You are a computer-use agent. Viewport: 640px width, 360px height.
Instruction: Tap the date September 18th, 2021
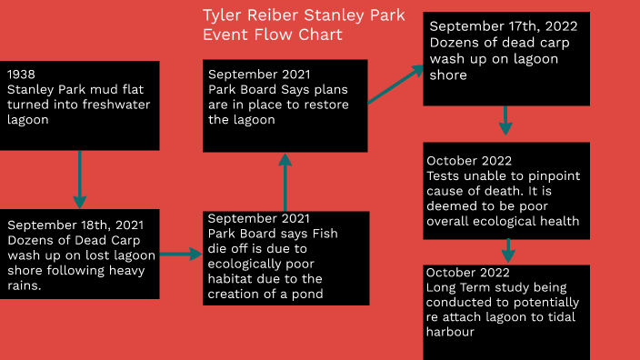[74, 225]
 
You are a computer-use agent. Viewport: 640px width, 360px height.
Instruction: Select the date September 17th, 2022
[502, 27]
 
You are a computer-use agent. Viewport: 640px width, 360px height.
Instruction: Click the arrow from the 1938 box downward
[80, 179]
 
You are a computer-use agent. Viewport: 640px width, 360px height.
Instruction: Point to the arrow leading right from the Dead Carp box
[181, 255]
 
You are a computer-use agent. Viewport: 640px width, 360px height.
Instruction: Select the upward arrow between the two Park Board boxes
[285, 181]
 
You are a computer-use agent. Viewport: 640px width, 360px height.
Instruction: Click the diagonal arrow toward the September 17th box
[395, 85]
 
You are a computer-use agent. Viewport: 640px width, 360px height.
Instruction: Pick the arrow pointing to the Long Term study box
[508, 250]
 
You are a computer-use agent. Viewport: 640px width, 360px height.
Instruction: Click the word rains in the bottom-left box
[26, 285]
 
